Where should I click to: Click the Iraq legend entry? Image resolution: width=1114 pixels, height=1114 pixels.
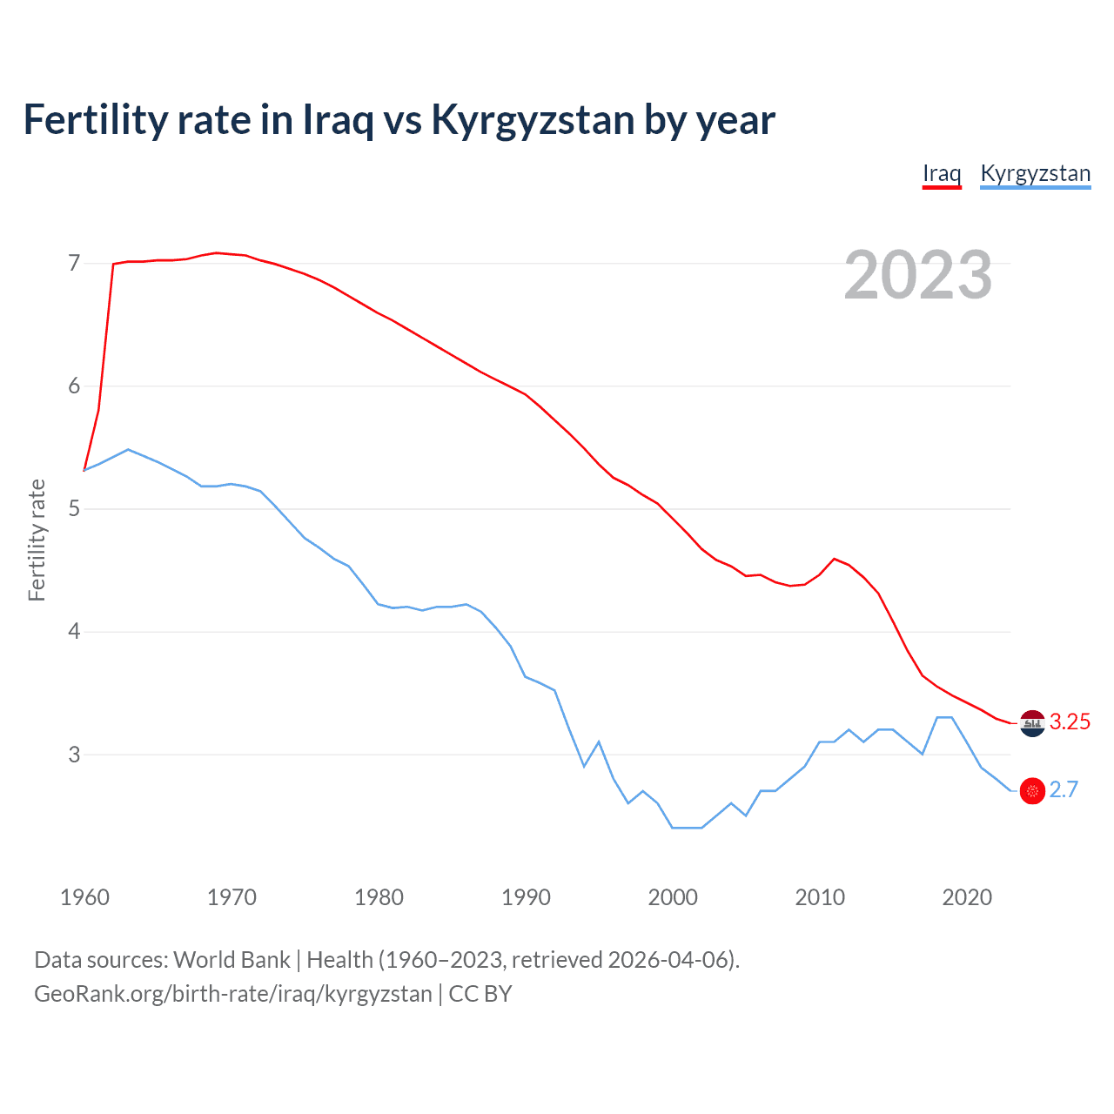point(942,173)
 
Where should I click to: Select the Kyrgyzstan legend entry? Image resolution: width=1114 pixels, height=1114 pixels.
point(1035,173)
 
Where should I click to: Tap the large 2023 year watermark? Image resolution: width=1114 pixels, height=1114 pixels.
point(917,275)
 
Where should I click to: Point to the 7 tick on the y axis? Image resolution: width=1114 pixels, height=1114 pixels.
point(74,263)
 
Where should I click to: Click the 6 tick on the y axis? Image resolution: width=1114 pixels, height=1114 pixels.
point(74,386)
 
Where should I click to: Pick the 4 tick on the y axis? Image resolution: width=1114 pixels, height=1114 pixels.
point(74,631)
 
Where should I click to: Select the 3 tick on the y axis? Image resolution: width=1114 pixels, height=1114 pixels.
point(74,755)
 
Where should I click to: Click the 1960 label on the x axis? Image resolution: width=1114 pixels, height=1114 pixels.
point(84,897)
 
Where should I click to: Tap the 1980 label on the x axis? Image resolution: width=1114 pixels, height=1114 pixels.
point(379,897)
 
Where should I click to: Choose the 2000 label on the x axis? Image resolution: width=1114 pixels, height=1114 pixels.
point(673,897)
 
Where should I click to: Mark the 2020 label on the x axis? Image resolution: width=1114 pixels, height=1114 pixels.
point(967,897)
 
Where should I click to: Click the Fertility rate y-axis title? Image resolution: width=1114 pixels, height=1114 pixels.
point(37,540)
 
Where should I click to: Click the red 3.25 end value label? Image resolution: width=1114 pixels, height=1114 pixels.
point(1070,721)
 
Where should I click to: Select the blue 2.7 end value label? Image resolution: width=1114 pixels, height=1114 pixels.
point(1064,789)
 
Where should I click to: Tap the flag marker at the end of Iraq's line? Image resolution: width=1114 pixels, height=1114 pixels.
point(1032,723)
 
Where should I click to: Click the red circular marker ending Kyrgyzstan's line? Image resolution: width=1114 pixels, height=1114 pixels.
point(1032,790)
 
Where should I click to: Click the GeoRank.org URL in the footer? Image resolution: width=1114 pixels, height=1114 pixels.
point(232,994)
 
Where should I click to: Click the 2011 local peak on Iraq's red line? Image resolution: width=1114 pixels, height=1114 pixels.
point(835,559)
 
